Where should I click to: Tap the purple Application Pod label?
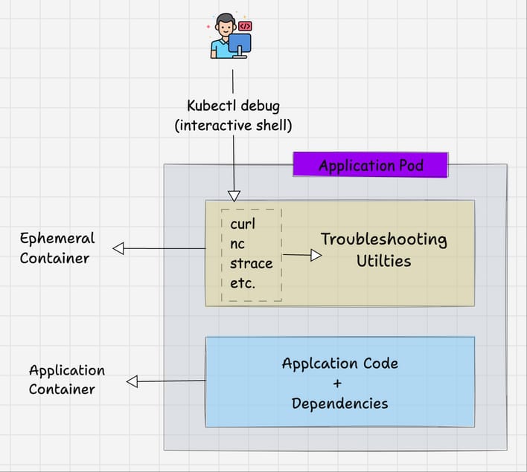pos(371,165)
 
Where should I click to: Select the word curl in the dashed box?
pos(243,224)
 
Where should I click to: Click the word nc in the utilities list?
pos(237,244)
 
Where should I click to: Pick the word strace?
pos(252,263)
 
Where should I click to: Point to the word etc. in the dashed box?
pos(243,283)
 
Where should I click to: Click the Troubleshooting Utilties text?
pos(383,250)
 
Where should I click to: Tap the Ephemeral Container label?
pos(57,248)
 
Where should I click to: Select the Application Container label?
pos(67,379)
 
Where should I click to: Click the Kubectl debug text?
pos(233,106)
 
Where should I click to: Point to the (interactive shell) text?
pos(233,126)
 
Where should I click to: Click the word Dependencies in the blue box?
pos(339,404)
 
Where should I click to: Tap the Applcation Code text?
pos(339,363)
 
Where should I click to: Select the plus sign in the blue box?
pos(339,384)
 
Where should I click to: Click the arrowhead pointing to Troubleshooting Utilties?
pos(316,255)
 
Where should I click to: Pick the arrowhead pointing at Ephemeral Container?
pos(118,249)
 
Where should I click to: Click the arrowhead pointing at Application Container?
pos(132,381)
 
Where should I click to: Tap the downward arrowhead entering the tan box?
pos(234,196)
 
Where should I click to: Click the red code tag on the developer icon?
pos(245,26)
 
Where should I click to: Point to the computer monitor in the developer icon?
pos(240,44)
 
